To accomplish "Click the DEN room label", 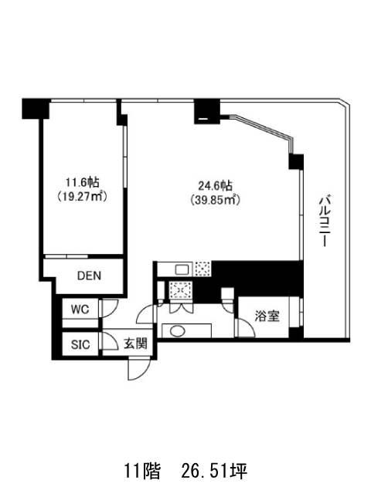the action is point(90,276).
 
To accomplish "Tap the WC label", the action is point(80,310).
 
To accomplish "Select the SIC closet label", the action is point(80,345).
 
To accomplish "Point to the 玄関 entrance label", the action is point(135,343).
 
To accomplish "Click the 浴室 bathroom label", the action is point(267,316).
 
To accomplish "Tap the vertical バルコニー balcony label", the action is point(325,221).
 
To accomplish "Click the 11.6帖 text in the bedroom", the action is point(83,182).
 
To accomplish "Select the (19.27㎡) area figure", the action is point(83,197).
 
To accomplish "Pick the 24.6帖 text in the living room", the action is point(215,185).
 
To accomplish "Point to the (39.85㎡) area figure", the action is point(215,200).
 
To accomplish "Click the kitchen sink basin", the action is point(182,269).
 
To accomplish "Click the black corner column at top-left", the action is point(36,109).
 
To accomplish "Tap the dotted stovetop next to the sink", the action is point(203,269).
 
